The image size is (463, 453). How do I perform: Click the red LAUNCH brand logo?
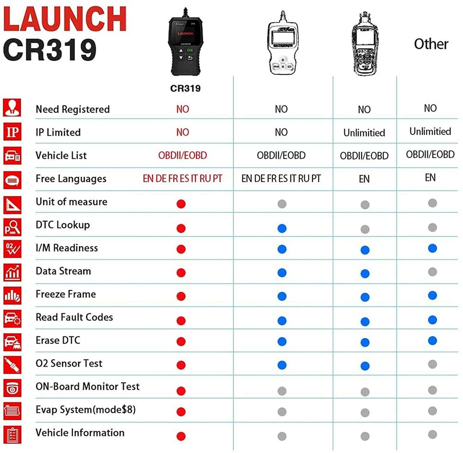65,19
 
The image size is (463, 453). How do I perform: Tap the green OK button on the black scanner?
190,50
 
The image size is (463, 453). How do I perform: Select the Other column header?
431,44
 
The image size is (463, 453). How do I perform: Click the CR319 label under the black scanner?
185,88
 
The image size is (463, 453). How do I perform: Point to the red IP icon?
12,131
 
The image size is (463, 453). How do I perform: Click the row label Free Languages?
71,179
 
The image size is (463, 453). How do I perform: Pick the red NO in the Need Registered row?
182,109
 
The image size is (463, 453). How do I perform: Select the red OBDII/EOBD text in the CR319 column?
182,155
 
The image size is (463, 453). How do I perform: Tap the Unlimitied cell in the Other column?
430,131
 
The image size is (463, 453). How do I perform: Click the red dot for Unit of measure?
181,204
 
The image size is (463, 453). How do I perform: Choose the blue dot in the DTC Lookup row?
282,228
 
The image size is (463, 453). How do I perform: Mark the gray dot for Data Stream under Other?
432,272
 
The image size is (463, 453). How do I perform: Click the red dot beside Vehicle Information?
181,436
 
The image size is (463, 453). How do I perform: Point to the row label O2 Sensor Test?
69,363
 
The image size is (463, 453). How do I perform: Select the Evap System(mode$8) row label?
86,410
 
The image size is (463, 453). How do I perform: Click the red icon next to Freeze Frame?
12,295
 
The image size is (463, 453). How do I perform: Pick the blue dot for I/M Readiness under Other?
432,248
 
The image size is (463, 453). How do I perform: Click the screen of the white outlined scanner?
282,38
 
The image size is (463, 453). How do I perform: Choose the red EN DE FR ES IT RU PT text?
182,179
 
